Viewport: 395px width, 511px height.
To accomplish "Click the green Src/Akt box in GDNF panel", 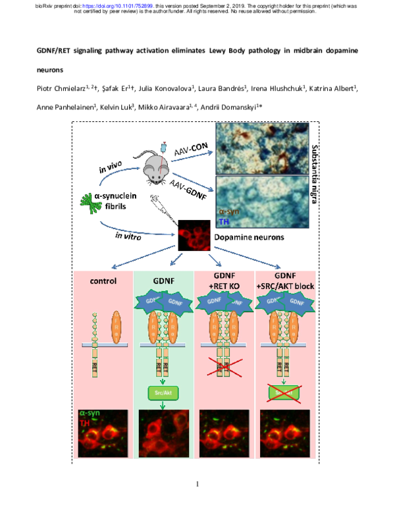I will click(x=164, y=392).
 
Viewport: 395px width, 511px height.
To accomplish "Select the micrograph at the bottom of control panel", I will click(x=104, y=431).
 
